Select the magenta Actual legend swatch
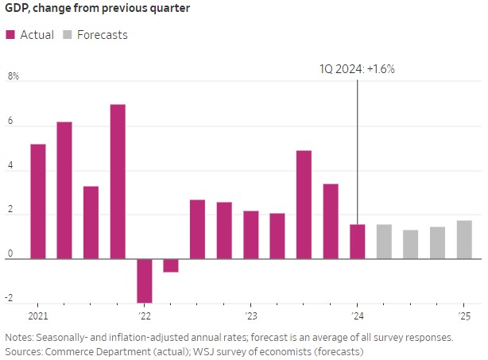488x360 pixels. [x=10, y=35]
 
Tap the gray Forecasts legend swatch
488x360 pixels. [x=68, y=35]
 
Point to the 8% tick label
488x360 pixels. [x=13, y=77]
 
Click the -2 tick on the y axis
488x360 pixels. [x=10, y=299]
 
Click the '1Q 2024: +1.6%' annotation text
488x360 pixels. [x=357, y=69]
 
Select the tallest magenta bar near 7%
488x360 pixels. [x=118, y=181]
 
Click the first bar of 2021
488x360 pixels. [x=37, y=201]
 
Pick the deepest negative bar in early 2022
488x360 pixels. [x=145, y=280]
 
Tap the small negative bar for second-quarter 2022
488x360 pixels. [x=171, y=265]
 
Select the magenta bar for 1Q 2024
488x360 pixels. [x=358, y=242]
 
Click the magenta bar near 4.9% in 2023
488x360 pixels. [x=304, y=204]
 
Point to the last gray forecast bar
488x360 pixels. [x=464, y=239]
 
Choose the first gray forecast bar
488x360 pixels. [x=384, y=242]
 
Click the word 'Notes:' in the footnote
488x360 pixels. [x=21, y=337]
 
